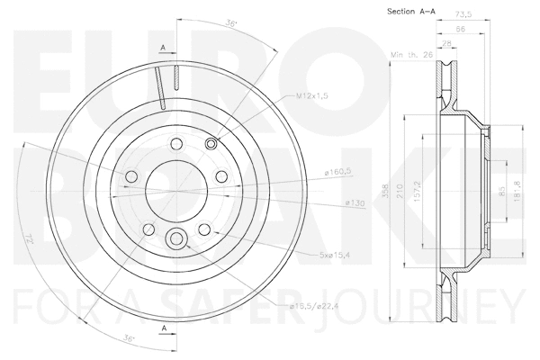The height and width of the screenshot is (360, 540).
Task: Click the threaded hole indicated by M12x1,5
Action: (211, 144)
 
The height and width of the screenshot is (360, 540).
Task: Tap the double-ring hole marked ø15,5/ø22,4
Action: (177, 238)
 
